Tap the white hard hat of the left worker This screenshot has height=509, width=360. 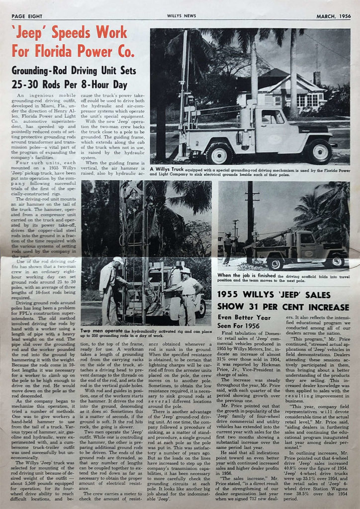click(x=118, y=260)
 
